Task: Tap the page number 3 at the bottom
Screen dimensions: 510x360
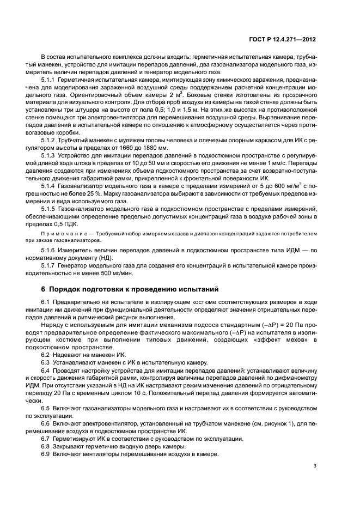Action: coord(316,481)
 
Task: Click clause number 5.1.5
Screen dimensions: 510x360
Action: coord(51,209)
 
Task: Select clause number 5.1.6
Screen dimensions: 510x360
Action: coord(51,250)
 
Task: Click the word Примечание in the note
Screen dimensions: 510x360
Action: coord(62,233)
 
